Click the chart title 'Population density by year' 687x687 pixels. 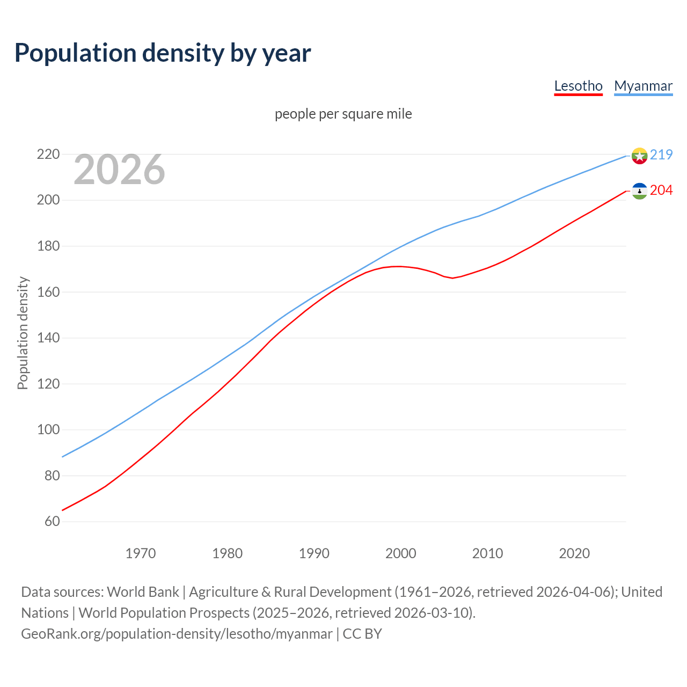tap(163, 53)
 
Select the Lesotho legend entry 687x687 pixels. tap(578, 86)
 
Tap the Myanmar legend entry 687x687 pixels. tap(643, 86)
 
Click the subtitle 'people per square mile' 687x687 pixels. tap(343, 114)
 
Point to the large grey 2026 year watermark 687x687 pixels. tap(119, 170)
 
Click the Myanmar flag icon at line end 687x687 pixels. tap(639, 156)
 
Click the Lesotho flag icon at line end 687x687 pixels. tap(639, 191)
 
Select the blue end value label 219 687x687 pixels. tap(661, 155)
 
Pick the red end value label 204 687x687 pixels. tap(661, 191)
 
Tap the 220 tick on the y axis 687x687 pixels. tap(48, 155)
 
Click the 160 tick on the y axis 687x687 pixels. tap(48, 293)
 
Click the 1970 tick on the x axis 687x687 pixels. tap(141, 553)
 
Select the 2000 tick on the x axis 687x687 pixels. tap(401, 553)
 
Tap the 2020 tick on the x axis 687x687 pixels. tap(574, 553)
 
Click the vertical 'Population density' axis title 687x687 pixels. tap(23, 333)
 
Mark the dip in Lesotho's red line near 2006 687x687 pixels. tap(452, 277)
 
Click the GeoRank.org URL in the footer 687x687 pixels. tap(177, 634)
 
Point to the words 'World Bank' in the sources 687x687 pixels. tap(143, 592)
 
